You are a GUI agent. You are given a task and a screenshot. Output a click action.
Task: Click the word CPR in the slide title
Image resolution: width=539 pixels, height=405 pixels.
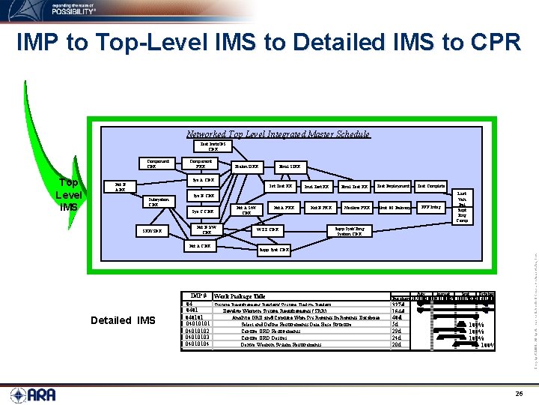493,42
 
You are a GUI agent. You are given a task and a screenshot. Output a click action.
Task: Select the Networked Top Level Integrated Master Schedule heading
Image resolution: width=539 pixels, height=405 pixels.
278,134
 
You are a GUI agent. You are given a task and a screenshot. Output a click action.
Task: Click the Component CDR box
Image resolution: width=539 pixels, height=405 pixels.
157,162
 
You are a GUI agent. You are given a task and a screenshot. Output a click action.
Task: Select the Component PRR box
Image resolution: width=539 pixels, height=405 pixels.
201,162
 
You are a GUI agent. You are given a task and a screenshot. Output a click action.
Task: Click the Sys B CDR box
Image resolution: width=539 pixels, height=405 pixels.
200,196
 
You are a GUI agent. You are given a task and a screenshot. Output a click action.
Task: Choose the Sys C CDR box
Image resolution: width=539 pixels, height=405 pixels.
200,211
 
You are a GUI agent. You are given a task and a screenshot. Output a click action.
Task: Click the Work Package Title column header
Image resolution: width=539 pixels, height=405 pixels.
240,297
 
